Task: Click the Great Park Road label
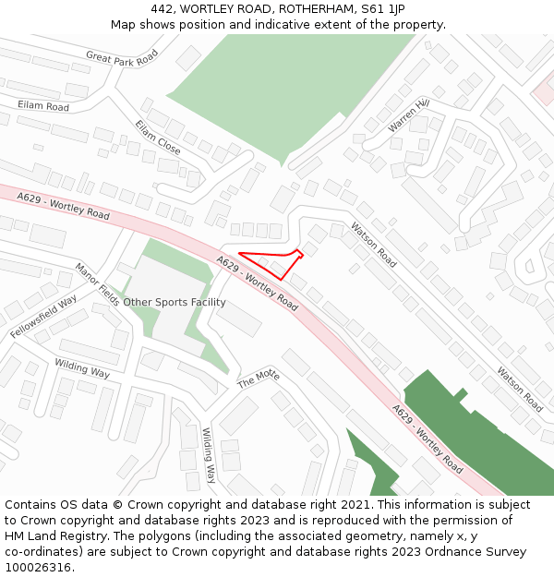point(122,56)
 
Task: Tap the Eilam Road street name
point(43,107)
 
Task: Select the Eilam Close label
point(158,137)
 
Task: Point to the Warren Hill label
point(408,115)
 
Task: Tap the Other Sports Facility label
point(175,302)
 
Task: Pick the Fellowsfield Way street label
point(44,316)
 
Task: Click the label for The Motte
point(258,378)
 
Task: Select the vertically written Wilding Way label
point(209,455)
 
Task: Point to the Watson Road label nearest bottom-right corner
point(520,390)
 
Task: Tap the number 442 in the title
point(163,9)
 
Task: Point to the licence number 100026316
point(39,568)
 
